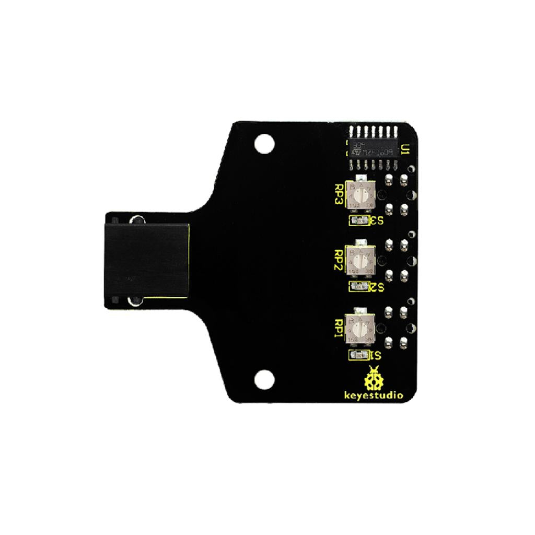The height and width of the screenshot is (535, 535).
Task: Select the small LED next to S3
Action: (357, 220)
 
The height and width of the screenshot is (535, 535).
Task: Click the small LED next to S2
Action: (357, 286)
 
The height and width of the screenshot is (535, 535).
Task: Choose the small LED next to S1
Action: (357, 356)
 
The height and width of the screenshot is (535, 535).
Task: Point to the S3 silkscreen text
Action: (376, 220)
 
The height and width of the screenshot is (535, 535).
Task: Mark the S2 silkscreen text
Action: (376, 286)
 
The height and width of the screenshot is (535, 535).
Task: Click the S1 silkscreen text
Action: (375, 356)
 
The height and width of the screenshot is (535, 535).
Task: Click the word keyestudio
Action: (374, 396)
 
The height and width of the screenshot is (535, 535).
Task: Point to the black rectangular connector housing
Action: (146, 259)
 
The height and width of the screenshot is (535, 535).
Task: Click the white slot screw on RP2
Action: (359, 260)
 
